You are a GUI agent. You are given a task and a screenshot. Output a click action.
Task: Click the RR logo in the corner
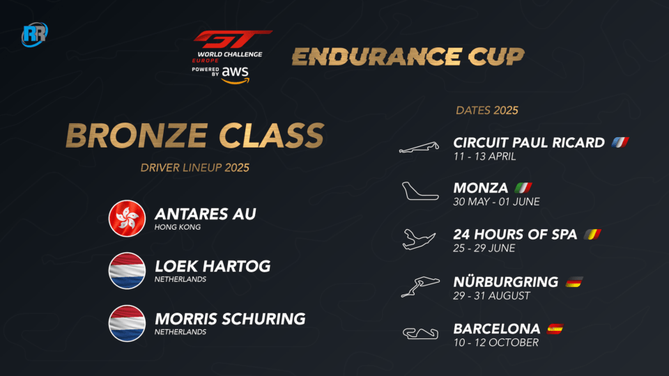(x=35, y=34)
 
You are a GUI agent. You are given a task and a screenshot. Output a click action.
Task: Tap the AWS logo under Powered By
(x=235, y=75)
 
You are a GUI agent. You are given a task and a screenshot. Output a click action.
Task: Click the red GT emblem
(x=233, y=39)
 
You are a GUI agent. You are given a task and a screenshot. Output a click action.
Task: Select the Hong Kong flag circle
(x=127, y=218)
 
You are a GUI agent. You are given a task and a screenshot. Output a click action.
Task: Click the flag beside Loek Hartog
(x=127, y=271)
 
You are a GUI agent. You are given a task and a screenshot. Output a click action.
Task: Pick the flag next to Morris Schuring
(x=127, y=323)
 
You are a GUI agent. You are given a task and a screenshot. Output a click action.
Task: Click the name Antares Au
(x=205, y=214)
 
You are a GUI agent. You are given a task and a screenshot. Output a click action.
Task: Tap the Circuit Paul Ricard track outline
(x=419, y=148)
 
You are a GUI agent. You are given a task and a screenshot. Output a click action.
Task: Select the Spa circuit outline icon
(x=419, y=239)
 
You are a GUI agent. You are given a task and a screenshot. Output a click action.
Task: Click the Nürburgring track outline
(x=420, y=286)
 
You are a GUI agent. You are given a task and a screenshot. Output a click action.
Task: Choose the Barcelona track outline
(x=421, y=333)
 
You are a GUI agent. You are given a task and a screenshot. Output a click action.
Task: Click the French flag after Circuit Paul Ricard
(x=620, y=142)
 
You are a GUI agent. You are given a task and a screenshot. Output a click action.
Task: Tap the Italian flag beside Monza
(x=523, y=187)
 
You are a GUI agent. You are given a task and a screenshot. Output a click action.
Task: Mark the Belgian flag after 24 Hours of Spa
(x=592, y=234)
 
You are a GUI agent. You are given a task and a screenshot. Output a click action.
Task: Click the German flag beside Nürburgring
(x=574, y=282)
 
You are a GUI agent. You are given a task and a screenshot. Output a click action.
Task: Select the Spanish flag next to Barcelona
(x=555, y=329)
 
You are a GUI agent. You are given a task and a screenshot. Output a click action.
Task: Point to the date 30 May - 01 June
(x=497, y=202)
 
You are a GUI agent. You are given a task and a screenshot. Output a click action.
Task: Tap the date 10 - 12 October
(x=495, y=343)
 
